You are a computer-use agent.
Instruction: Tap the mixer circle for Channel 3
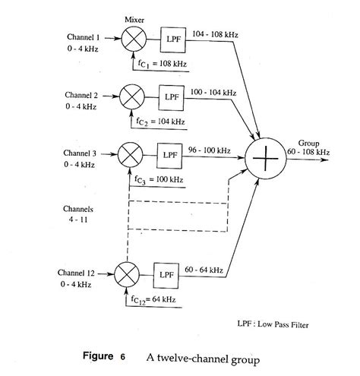[x=129, y=155]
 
